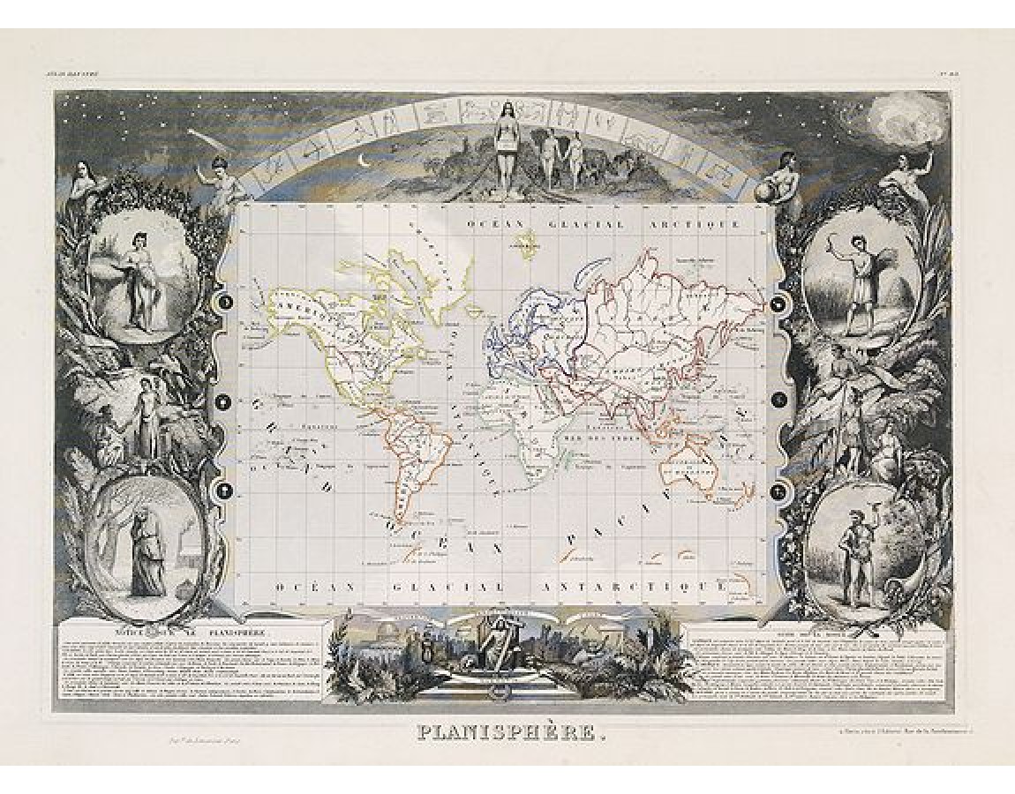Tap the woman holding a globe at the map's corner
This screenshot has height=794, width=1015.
781,181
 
